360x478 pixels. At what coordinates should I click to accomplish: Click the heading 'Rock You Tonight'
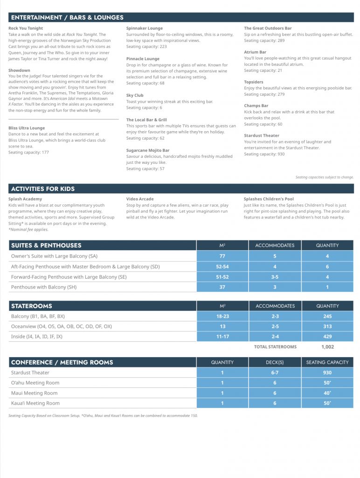[x=26, y=28]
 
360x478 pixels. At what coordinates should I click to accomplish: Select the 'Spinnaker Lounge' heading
[x=145, y=28]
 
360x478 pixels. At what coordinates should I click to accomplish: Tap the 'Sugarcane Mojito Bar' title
[x=148, y=150]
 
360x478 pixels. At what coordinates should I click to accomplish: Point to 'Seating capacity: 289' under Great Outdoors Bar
[x=263, y=41]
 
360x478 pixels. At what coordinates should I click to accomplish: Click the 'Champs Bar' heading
[x=256, y=106]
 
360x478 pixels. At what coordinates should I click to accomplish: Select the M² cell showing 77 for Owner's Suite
[x=222, y=256]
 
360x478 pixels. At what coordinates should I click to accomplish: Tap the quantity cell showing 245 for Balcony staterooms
[x=327, y=316]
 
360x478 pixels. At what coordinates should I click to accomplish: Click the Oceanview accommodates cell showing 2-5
[x=275, y=327]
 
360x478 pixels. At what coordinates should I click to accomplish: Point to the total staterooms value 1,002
[x=327, y=347]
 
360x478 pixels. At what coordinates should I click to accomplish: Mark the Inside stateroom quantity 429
[x=327, y=337]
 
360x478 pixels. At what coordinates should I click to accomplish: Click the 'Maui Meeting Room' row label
[x=34, y=393]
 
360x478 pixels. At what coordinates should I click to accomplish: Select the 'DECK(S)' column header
[x=275, y=362]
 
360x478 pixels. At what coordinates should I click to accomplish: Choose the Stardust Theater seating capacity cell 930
[x=327, y=373]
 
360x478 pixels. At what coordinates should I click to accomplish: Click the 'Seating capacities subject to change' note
[x=325, y=177]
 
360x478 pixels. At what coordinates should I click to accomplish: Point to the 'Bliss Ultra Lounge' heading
[x=27, y=128]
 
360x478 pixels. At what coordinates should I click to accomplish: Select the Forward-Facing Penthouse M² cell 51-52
[x=222, y=277]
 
